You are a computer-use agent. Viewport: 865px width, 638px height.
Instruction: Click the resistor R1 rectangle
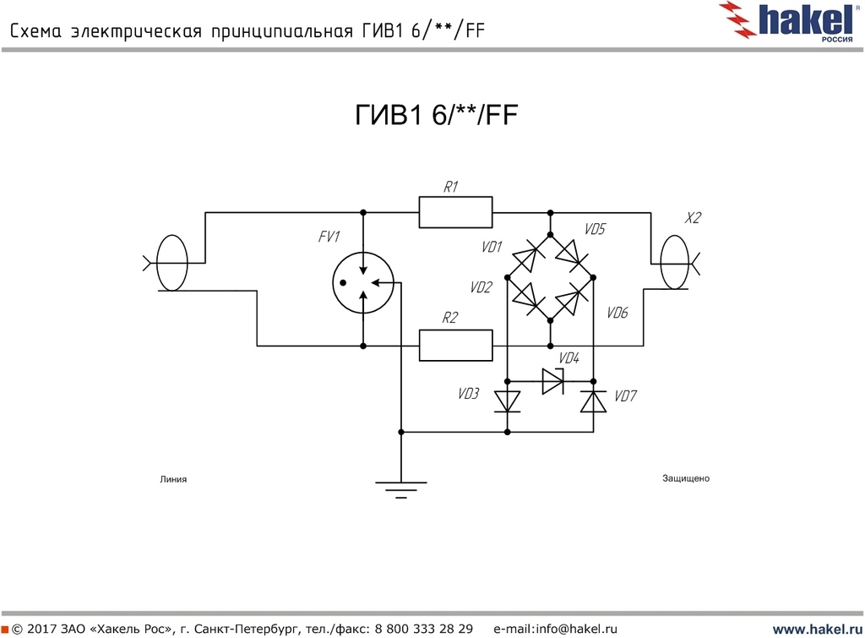pos(455,212)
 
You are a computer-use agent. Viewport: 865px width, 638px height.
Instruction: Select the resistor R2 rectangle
pos(455,346)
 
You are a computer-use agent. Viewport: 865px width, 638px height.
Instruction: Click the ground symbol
pos(401,488)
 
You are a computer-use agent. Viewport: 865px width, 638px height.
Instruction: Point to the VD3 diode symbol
pos(507,399)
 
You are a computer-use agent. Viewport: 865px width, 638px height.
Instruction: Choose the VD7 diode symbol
pos(593,401)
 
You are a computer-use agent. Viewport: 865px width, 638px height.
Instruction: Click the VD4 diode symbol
pos(552,381)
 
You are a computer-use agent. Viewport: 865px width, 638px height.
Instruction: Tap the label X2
pos(693,218)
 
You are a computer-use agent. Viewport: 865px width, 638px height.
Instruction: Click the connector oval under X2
pos(674,262)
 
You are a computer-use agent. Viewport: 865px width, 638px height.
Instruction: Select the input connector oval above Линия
pos(172,262)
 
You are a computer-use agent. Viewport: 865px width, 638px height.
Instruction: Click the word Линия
pos(172,479)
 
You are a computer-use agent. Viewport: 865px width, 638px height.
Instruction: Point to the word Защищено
pos(686,478)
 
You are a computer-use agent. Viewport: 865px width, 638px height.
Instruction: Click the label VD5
pos(596,229)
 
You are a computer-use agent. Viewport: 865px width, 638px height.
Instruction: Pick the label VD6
pos(617,313)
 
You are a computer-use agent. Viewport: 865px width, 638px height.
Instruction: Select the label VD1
pos(492,247)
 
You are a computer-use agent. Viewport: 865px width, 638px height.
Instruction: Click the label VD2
pos(481,287)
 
